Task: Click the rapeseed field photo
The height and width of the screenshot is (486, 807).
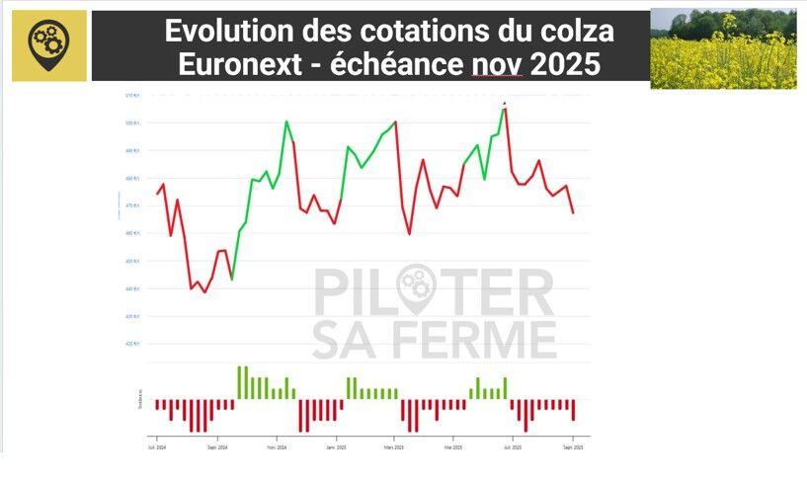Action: pos(723,49)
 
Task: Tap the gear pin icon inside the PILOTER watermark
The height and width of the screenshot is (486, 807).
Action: pos(415,286)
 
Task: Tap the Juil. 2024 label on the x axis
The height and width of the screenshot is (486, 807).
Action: pos(155,447)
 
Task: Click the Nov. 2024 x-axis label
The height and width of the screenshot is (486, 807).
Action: pos(278,447)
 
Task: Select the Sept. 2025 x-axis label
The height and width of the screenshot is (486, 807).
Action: pos(573,447)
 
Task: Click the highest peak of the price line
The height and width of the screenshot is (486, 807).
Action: pos(505,104)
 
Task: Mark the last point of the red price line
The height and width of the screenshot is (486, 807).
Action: pos(573,212)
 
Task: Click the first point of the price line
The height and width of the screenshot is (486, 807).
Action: pos(156,194)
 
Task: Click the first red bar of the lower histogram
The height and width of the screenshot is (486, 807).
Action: pos(156,404)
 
